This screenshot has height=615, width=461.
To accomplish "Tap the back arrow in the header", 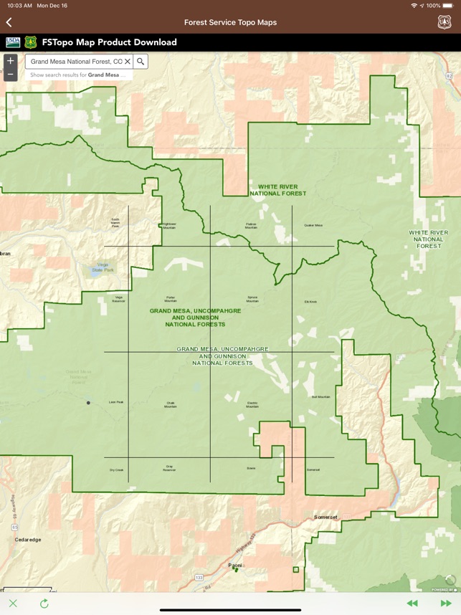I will coord(9,22).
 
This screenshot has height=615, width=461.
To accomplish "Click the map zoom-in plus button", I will coord(10,61).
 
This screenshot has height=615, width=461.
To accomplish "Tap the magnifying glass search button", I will coord(141,62).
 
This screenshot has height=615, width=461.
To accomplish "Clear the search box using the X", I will coord(128,62).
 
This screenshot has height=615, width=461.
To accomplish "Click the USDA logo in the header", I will coord(13,42).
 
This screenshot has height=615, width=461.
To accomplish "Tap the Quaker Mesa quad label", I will coord(313,225).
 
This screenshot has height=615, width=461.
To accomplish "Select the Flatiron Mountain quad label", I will coord(251,225).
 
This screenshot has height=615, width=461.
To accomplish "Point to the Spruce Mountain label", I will coord(252,299).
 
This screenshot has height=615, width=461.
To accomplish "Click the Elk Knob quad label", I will coord(310,302).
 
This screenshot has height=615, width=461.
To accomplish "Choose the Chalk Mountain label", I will coord(171,404).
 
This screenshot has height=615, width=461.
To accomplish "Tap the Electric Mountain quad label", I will coord(252,404).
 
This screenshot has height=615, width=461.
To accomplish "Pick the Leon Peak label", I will coord(116,402).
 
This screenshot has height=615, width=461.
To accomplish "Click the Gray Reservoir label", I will coord(169,468).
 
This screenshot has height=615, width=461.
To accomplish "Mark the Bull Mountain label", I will coord(320,396).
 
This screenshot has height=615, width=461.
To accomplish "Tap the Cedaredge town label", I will coord(27,540).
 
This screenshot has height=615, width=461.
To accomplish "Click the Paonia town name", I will coord(234,565).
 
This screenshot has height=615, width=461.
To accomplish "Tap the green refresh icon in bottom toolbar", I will coord(44,604).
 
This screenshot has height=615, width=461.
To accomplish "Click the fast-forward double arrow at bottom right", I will coord(446,604).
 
